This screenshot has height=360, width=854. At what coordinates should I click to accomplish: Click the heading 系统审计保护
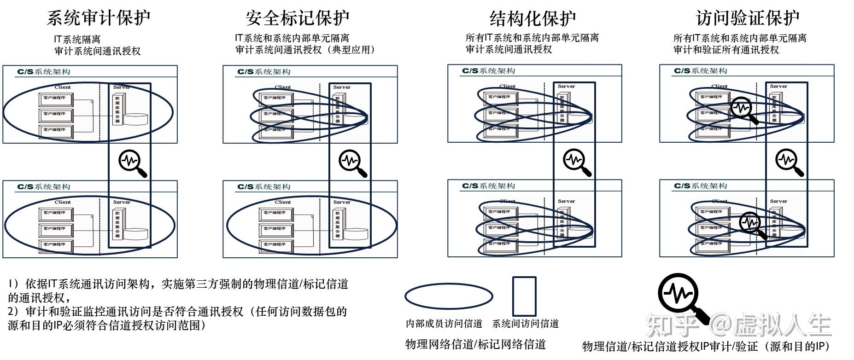coord(99,18)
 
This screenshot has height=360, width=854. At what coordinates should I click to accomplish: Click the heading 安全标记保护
coord(298,18)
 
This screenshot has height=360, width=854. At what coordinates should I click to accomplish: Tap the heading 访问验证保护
coord(748,18)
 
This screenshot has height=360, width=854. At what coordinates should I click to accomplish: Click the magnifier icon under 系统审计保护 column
coord(132,163)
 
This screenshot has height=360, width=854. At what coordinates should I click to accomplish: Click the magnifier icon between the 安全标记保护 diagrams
coord(352,163)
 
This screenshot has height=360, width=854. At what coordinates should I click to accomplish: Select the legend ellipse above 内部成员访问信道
coord(449,296)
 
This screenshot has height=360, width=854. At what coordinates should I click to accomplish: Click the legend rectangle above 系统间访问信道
coord(525,296)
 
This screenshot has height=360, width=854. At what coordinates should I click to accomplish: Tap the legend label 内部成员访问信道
coord(444,324)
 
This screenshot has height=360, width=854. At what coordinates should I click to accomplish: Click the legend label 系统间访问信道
coord(525,324)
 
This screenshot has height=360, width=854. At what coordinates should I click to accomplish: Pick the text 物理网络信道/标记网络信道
coord(475,344)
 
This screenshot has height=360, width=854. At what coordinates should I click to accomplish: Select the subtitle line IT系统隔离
coord(77,40)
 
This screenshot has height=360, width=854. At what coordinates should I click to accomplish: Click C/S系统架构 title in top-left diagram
coord(44,72)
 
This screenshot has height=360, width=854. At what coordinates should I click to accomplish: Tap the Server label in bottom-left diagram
coord(122,202)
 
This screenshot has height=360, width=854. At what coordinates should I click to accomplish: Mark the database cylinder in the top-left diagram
coord(136,119)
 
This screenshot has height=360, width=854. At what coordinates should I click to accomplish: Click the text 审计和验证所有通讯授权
coord(726,50)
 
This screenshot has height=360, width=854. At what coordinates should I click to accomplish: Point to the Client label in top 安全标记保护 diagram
coord(283,87)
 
